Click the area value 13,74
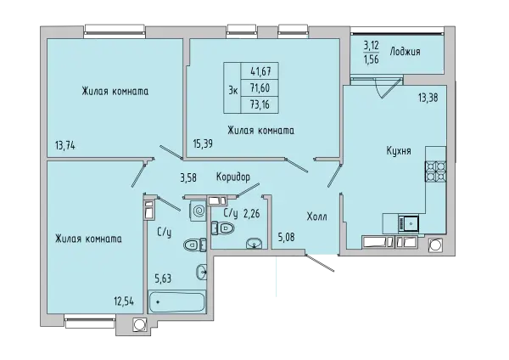coord(65,146)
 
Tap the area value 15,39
coord(203,143)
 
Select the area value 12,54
coord(124,301)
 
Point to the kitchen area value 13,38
coord(428,97)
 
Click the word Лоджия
coord(406,51)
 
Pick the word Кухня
coord(399,151)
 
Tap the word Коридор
coord(233,177)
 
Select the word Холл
coord(316,217)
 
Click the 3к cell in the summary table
coord(232,87)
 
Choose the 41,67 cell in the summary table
coord(260,70)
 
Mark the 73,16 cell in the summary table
coord(260,104)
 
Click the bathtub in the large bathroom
coord(176,302)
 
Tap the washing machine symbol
coord(197,211)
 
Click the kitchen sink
coord(408,223)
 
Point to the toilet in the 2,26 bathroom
coord(223,228)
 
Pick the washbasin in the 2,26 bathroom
coord(254,244)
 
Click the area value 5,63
coord(163,278)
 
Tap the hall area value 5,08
coord(286,237)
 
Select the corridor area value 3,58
coord(188,177)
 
